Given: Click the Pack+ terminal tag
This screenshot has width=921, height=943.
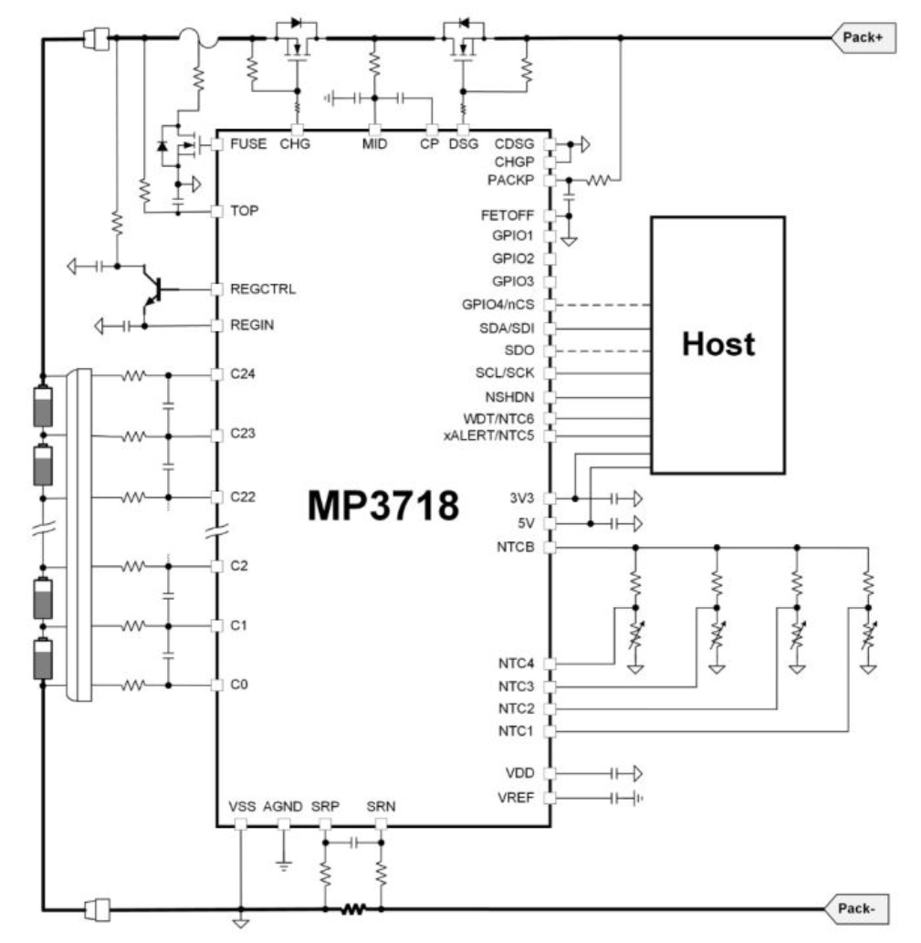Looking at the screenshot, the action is [x=863, y=37].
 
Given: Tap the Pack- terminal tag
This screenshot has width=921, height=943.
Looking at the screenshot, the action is [x=856, y=908].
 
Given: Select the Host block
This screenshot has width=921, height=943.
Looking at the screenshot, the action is [x=717, y=344].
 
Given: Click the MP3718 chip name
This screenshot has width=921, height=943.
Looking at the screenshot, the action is [x=383, y=505].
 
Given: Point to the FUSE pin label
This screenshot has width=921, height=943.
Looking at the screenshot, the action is [x=248, y=143].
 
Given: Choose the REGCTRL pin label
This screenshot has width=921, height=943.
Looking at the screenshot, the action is [x=263, y=288].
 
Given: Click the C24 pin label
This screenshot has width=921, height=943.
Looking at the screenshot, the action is [x=242, y=373].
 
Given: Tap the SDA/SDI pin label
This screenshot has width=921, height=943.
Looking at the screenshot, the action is [x=507, y=329].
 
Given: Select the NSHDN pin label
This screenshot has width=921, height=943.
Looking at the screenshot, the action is [x=509, y=397].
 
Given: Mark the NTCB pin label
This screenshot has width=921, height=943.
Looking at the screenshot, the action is [x=515, y=547].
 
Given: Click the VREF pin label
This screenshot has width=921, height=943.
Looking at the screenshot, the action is [x=515, y=798].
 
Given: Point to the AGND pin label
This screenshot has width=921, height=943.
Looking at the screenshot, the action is [x=283, y=806].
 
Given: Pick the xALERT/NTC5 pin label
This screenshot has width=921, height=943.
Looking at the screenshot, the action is [x=488, y=435].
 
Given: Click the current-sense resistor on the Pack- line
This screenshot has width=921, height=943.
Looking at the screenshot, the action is [x=353, y=908].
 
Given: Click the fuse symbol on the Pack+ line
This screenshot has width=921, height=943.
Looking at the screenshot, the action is [x=198, y=38].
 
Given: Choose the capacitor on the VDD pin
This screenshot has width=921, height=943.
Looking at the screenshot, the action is [x=614, y=773].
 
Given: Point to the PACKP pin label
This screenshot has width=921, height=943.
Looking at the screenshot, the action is [x=510, y=180].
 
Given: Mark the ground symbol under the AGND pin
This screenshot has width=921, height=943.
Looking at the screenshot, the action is [x=284, y=866].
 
